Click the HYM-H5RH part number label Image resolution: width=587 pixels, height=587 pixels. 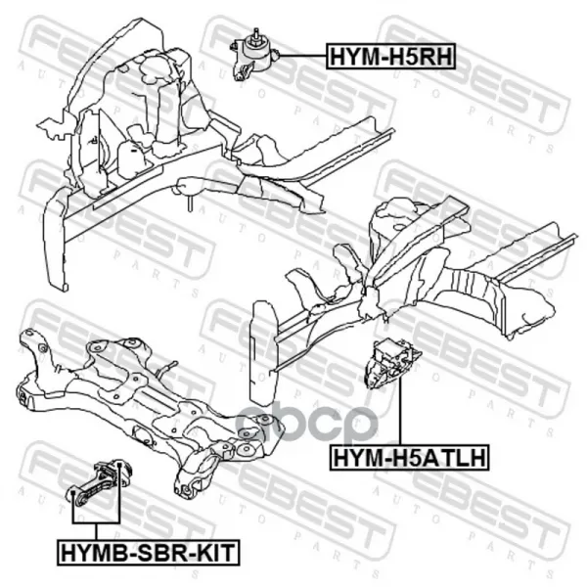tap(390, 56)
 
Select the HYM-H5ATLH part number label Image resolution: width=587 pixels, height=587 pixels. tap(409, 457)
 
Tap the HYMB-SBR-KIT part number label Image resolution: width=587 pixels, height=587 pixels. tap(149, 552)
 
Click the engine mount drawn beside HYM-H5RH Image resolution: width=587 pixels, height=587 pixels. tap(253, 57)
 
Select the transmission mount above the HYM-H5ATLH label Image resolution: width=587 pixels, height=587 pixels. tap(392, 363)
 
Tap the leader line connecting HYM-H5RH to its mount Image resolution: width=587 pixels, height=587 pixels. tap(302, 56)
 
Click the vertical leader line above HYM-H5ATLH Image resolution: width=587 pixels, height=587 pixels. tap(400, 411)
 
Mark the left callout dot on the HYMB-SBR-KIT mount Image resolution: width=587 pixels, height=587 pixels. tap(73, 492)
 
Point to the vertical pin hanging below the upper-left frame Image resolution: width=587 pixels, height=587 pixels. tap(191, 203)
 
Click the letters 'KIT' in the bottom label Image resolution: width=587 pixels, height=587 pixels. tap(215, 552)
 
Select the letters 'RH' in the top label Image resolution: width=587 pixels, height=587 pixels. tap(438, 56)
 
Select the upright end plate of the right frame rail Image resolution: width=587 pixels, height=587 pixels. tap(264, 353)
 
